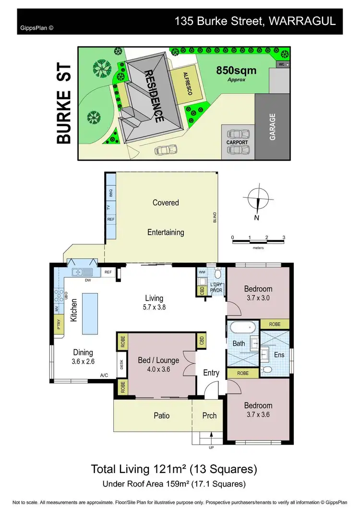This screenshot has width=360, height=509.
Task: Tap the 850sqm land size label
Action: [x=236, y=71]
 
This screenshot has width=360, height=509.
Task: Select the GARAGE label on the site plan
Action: [x=273, y=127]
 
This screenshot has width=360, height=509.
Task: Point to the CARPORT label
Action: [x=237, y=142]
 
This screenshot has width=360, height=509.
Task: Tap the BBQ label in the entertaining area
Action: [x=110, y=193]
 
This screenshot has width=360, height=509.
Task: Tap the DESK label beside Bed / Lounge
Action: [x=122, y=365]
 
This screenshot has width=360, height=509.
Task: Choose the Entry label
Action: [x=211, y=372]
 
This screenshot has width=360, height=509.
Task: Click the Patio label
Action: [x=162, y=415]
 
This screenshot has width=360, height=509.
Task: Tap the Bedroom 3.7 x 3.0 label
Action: [x=258, y=293]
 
